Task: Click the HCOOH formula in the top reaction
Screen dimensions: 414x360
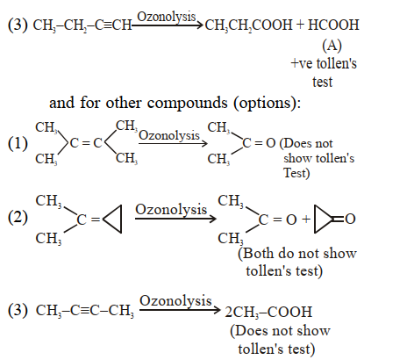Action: (333, 25)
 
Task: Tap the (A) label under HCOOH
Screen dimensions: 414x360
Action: (332, 46)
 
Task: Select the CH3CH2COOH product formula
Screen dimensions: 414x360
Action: (248, 25)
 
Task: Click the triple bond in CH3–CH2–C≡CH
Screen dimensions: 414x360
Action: (108, 25)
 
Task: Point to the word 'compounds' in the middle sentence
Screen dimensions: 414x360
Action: (187, 103)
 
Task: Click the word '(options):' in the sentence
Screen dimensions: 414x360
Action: (267, 104)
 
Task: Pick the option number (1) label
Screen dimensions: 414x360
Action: (18, 143)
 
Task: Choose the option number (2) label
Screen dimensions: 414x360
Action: (18, 218)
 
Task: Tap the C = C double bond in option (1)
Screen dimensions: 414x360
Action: (86, 143)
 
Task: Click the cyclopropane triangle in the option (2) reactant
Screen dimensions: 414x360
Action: (112, 219)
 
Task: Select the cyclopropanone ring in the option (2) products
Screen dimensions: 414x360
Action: (323, 219)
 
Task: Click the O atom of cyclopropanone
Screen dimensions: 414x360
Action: (350, 219)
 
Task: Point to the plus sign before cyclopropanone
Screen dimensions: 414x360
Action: (306, 219)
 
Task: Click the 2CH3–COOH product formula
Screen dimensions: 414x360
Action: (268, 312)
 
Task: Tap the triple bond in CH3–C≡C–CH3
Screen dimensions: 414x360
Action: (85, 310)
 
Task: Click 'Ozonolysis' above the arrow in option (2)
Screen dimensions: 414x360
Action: (171, 210)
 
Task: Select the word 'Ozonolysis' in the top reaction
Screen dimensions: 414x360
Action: (167, 17)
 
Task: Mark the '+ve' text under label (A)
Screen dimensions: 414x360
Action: (301, 63)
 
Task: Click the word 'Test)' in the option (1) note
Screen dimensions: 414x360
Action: (296, 173)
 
